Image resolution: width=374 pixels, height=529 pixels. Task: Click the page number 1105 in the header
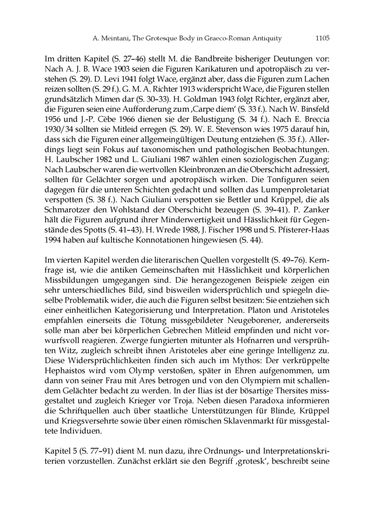[x=323, y=38]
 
